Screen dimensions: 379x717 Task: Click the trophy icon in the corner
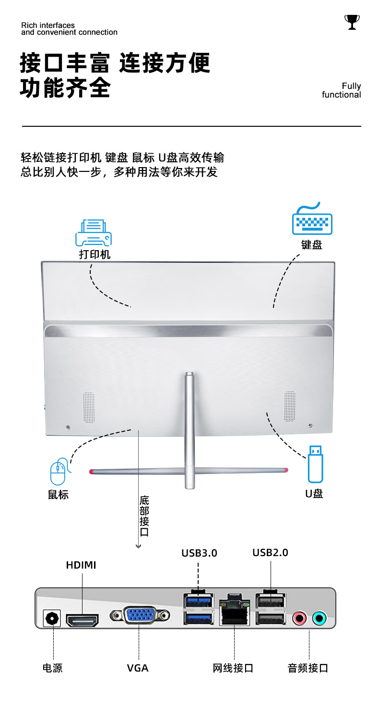(352, 22)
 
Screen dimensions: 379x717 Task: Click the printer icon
(94, 233)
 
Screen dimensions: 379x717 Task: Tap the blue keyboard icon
(312, 220)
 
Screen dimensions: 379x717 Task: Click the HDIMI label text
(81, 565)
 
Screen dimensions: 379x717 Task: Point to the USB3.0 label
(199, 553)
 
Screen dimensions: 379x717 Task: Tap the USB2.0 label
(270, 553)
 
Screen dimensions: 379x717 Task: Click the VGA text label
(138, 668)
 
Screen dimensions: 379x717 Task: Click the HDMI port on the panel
(82, 621)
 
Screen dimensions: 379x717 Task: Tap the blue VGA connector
(140, 615)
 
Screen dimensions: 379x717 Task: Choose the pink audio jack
(299, 618)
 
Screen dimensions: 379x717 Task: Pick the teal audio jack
(319, 618)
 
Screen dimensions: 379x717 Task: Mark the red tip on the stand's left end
(91, 472)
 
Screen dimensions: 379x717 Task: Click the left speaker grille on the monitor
(89, 407)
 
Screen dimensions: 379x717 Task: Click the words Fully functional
(342, 90)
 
